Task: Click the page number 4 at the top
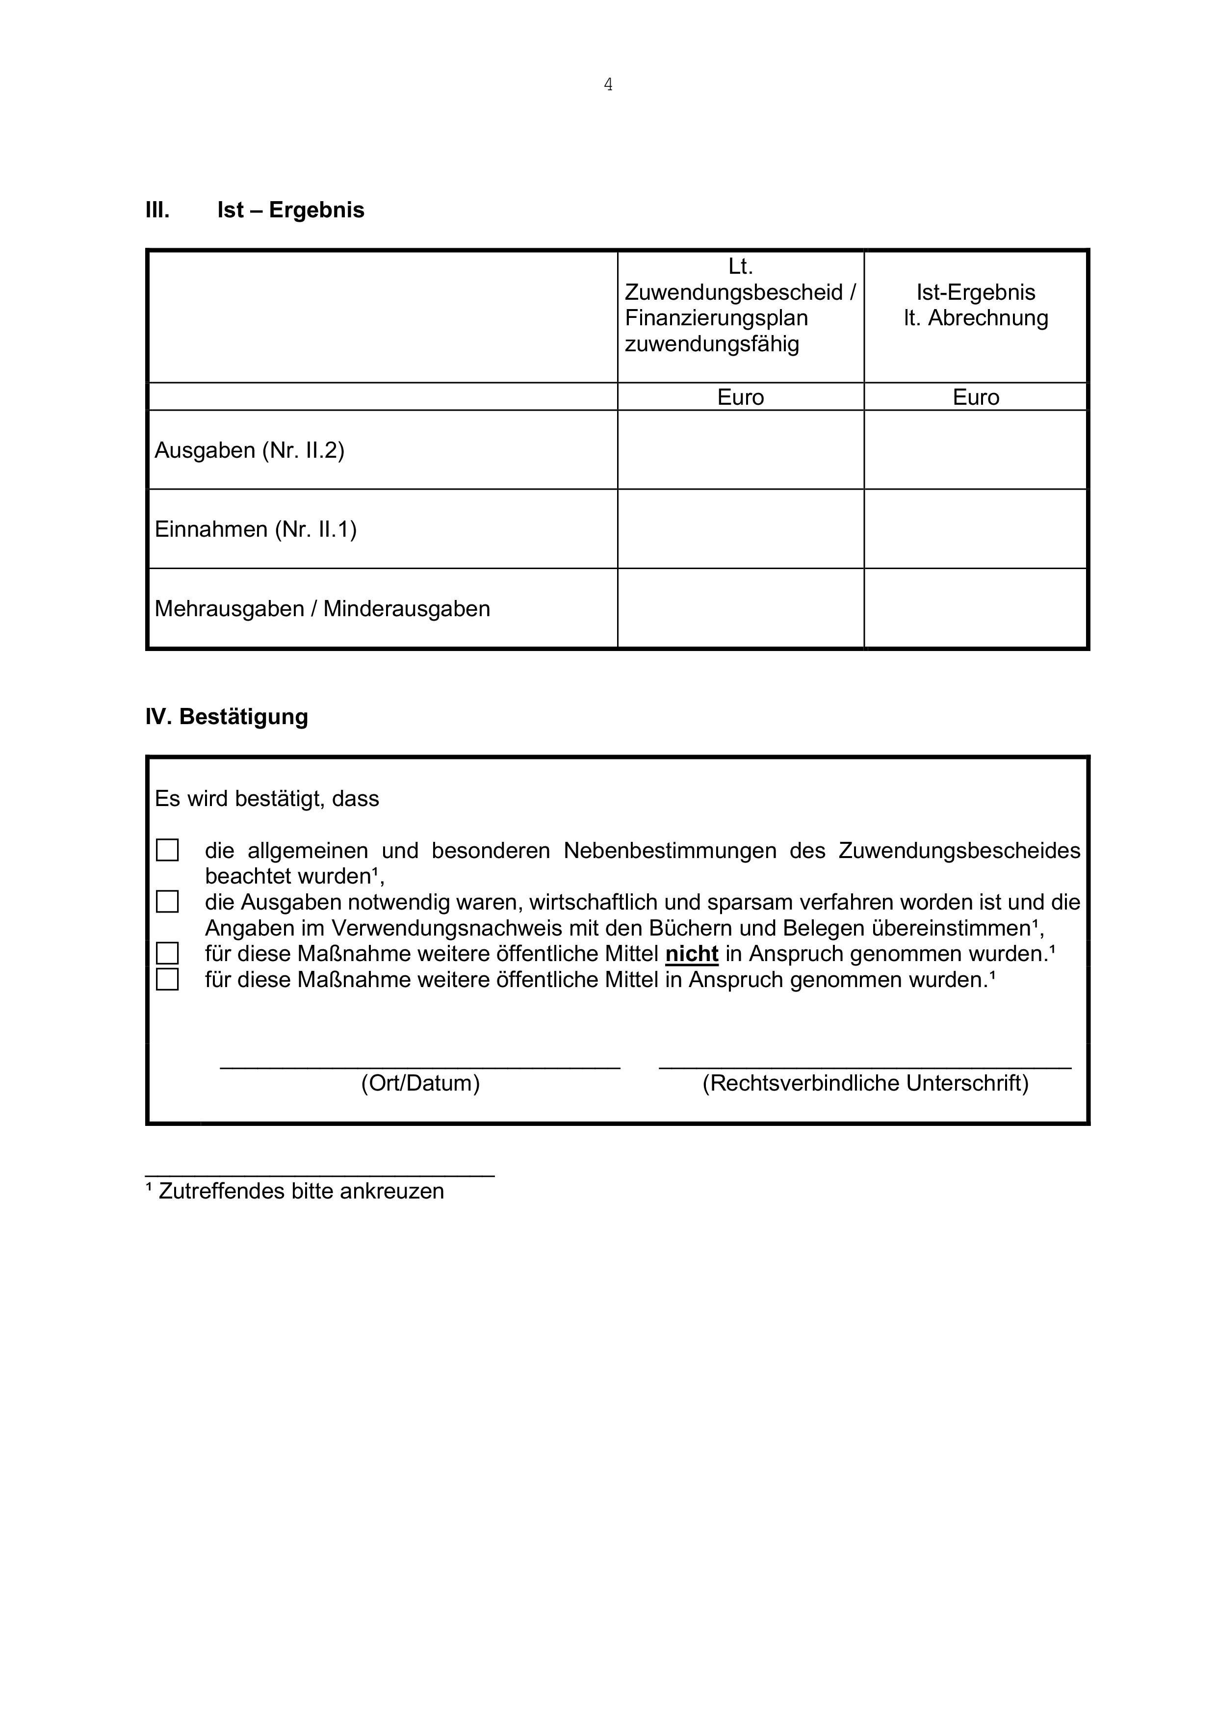608,85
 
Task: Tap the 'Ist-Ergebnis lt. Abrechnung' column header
975,305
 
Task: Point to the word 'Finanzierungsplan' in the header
716,318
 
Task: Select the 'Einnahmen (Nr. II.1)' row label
256,529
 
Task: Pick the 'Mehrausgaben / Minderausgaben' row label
322,609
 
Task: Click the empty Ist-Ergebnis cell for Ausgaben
975,450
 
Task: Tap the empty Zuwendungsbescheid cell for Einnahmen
740,529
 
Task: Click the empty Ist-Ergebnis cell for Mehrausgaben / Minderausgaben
975,609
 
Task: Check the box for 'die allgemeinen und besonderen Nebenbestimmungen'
167,850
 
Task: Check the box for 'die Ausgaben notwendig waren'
167,902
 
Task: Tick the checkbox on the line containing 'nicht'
167,953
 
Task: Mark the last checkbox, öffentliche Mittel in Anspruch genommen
167,980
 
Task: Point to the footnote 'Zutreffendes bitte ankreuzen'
301,1191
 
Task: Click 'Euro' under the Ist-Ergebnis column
975,397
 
